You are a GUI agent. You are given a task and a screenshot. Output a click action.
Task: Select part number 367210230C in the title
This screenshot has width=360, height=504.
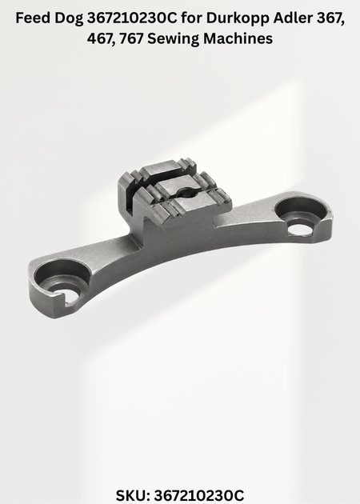[x=132, y=18]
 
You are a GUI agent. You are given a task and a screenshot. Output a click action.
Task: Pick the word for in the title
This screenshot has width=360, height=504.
[x=192, y=18]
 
